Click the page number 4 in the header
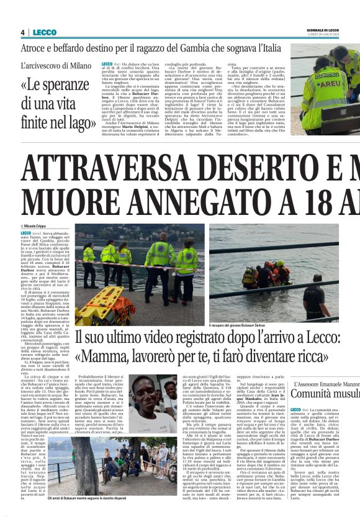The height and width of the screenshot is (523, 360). coord(22,32)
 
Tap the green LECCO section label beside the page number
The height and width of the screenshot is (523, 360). coord(45,32)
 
